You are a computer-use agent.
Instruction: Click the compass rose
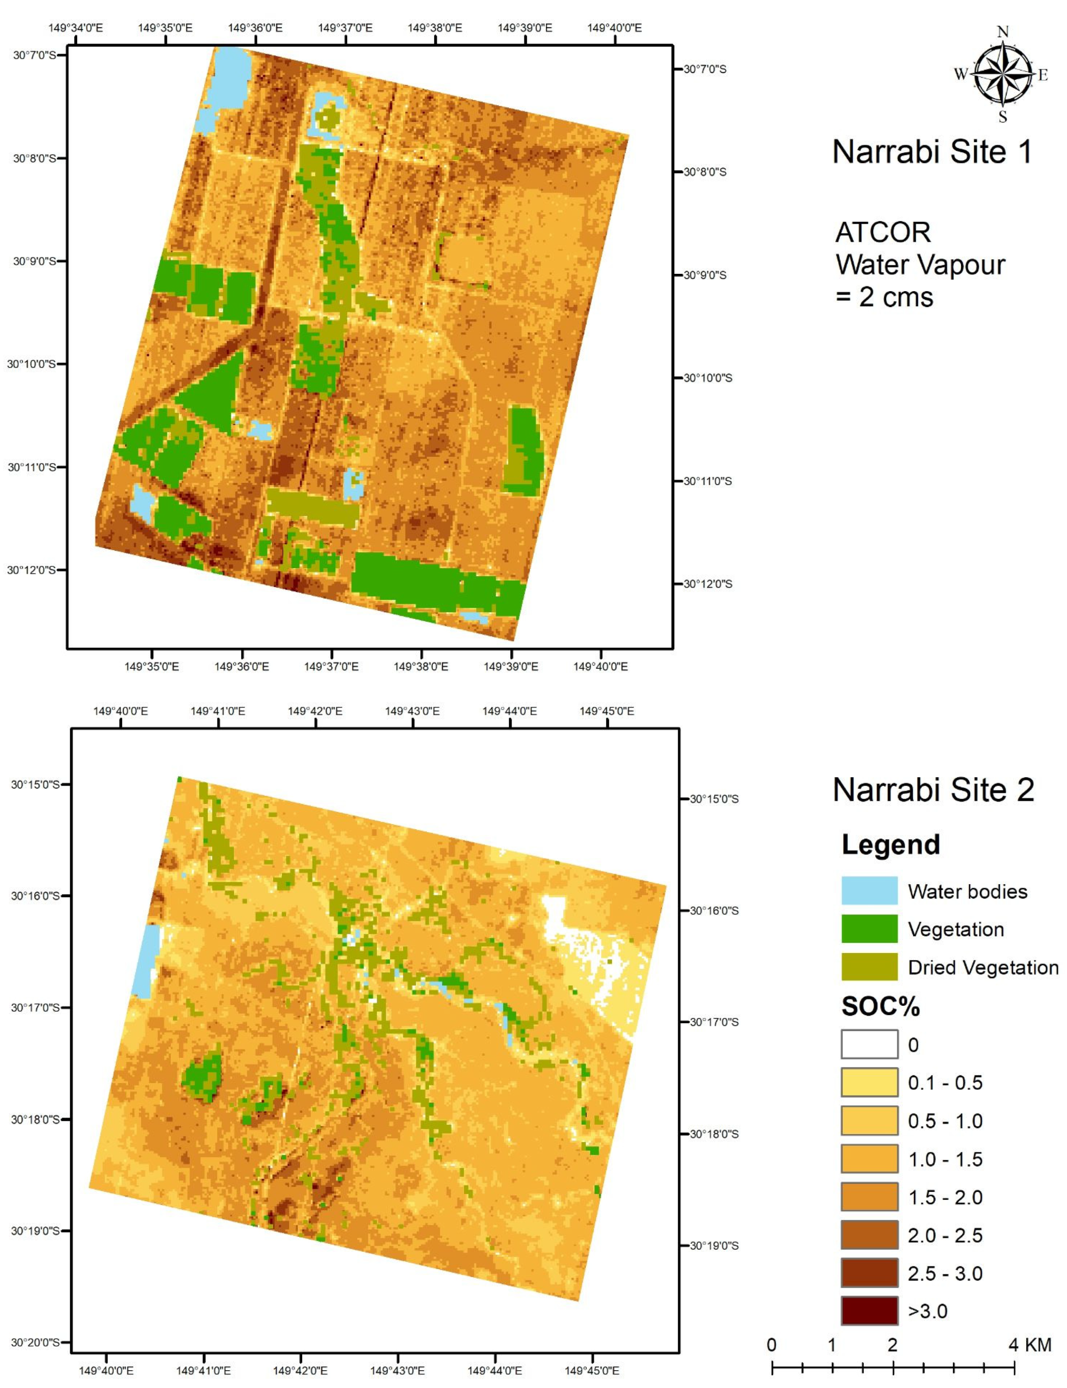coord(1002,74)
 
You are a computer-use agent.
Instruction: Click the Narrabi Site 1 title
coord(932,152)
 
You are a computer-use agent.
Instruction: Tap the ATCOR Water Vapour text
coord(920,264)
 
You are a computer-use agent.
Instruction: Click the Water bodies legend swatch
coord(869,890)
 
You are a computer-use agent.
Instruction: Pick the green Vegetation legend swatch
coord(869,929)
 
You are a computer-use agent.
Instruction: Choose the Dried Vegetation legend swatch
coord(869,967)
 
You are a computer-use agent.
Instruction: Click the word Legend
coord(890,845)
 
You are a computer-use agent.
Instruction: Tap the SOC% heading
coord(880,1006)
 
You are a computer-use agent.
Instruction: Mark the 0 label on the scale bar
coord(771,1345)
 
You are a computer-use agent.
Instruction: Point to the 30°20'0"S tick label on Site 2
coord(36,1342)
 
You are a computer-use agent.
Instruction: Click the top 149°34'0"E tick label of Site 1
coord(75,28)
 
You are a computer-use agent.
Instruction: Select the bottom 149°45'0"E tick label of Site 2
coord(592,1370)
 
